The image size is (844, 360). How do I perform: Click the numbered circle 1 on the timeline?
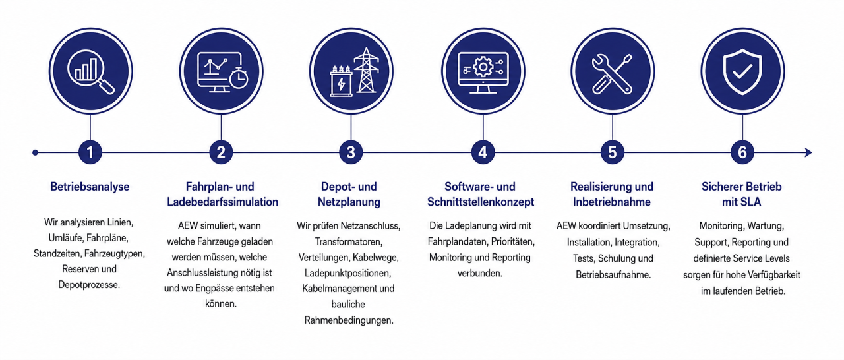90,152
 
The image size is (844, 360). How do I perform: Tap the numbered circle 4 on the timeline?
483,152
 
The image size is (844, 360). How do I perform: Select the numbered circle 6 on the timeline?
742,152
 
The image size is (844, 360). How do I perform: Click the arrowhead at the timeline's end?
808,152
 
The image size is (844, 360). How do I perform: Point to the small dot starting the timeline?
35,152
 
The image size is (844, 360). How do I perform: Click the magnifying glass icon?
91,73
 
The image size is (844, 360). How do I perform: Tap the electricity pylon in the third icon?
366,70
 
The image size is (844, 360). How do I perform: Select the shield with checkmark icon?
742,72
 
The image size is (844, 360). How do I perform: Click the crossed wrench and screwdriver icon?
612,74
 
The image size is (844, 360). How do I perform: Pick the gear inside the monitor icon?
483,68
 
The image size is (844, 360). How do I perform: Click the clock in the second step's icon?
239,78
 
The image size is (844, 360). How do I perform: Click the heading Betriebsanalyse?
90,187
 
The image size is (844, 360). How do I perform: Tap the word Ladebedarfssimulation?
222,202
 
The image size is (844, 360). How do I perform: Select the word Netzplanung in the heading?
349,202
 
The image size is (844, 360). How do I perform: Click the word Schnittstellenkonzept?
481,202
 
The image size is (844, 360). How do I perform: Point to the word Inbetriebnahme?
611,202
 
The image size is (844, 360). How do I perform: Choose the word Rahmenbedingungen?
349,320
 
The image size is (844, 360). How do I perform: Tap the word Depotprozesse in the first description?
89,285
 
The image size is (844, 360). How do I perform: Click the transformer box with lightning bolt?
341,81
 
